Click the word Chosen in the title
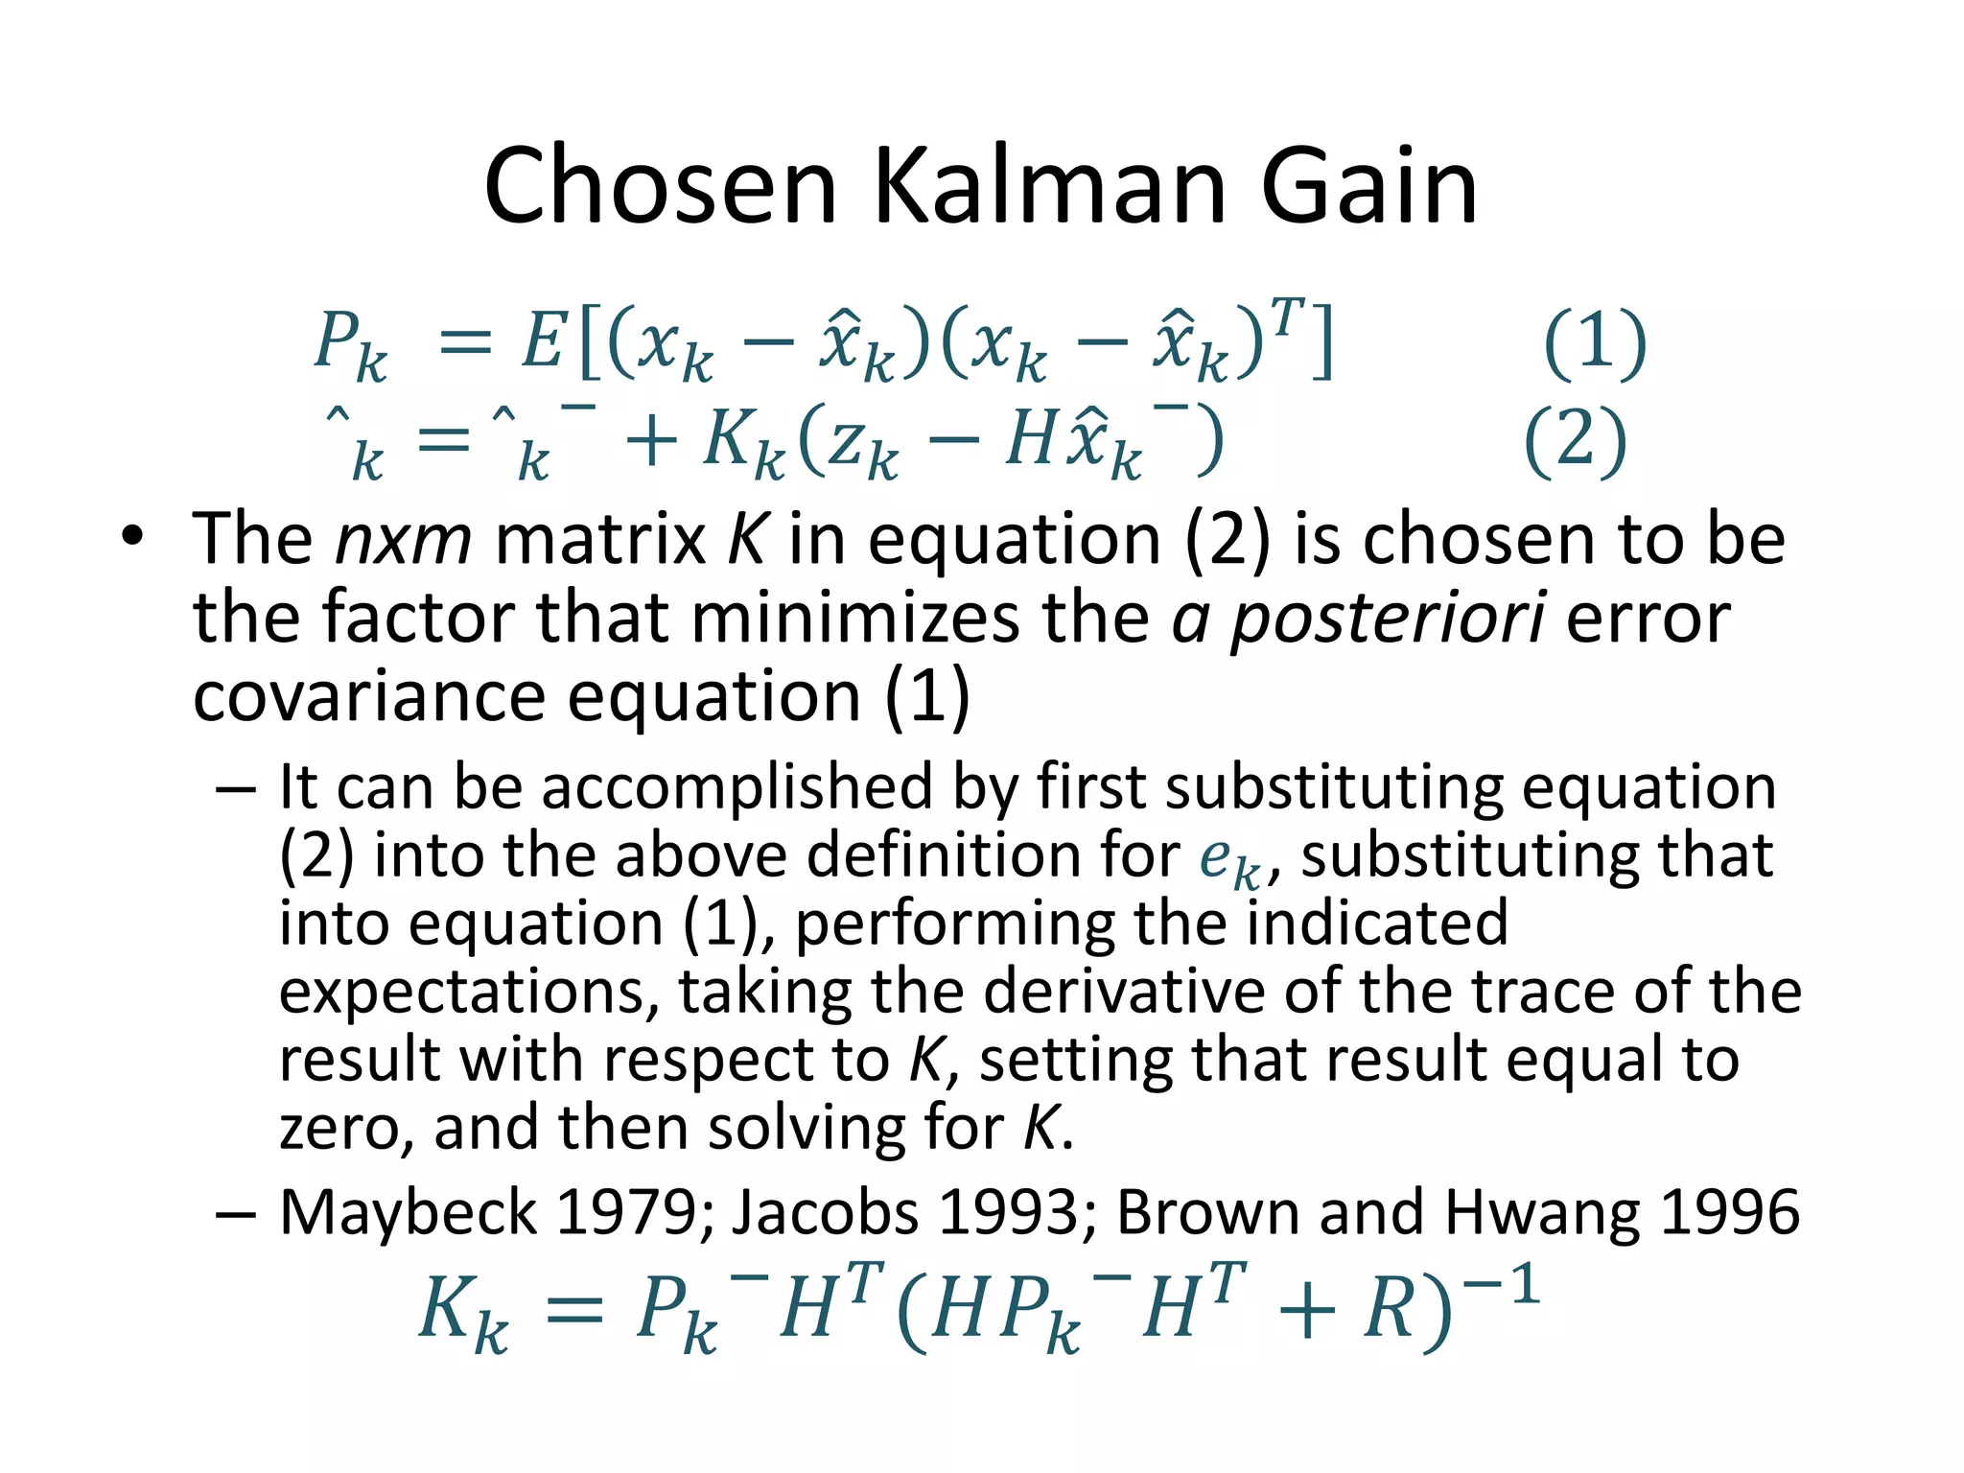coord(661,186)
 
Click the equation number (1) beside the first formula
coord(1595,342)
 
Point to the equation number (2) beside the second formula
coord(1575,440)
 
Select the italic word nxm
coord(403,541)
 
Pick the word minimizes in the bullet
coord(854,619)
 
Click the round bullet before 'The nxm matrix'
coord(131,537)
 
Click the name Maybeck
coord(408,1212)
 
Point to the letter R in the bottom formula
coord(1389,1310)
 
